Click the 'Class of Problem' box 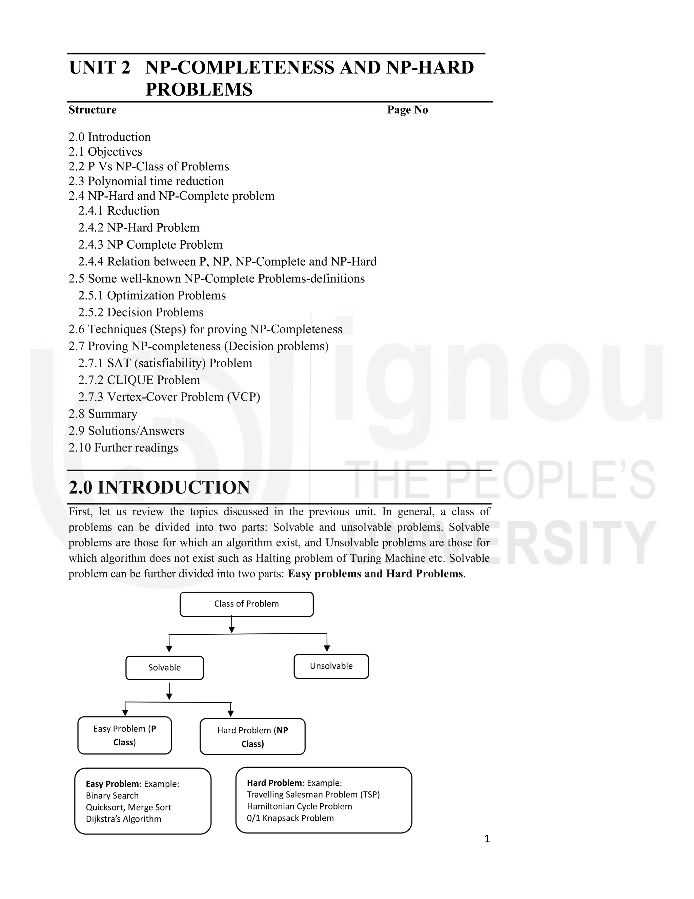pyautogui.click(x=246, y=604)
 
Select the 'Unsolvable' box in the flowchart pyautogui.click(x=331, y=666)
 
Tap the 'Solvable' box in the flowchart pyautogui.click(x=164, y=668)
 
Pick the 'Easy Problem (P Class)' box pyautogui.click(x=125, y=735)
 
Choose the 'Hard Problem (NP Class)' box pyautogui.click(x=252, y=737)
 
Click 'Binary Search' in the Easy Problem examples pyautogui.click(x=112, y=796)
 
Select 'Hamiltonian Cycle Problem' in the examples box pyautogui.click(x=299, y=806)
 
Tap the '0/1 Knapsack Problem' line pyautogui.click(x=290, y=818)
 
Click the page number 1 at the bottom pyautogui.click(x=487, y=839)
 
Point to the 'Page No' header pyautogui.click(x=407, y=110)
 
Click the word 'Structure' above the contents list pyautogui.click(x=93, y=110)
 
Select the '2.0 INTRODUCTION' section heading pyautogui.click(x=160, y=487)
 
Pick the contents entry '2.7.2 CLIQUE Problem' pyautogui.click(x=139, y=380)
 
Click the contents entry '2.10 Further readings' pyautogui.click(x=123, y=447)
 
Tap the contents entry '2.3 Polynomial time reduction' pyautogui.click(x=146, y=181)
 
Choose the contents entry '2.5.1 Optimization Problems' pyautogui.click(x=152, y=295)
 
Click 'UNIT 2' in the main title pyautogui.click(x=100, y=68)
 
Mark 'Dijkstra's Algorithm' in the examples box pyautogui.click(x=123, y=819)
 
